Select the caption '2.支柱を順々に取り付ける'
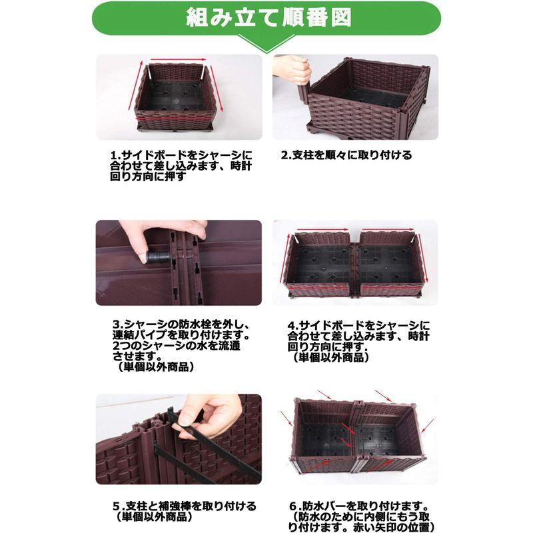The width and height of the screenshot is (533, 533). tap(346, 155)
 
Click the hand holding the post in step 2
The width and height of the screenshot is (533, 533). tap(293, 70)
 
